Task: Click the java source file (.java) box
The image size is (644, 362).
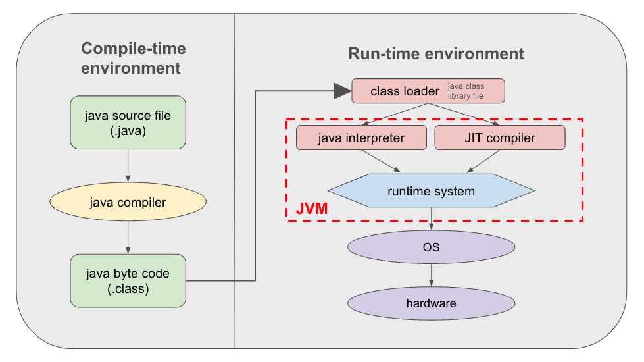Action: [x=128, y=122]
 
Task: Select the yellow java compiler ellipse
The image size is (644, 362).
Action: [x=128, y=202]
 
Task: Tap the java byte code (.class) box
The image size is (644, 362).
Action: [x=128, y=280]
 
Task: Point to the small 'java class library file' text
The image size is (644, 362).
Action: [x=466, y=91]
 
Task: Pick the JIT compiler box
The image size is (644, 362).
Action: [x=500, y=138]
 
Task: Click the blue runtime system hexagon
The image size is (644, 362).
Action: [x=431, y=192]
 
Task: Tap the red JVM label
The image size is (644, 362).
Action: [x=312, y=209]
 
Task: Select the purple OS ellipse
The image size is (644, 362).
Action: [x=431, y=248]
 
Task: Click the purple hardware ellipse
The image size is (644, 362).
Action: [x=431, y=303]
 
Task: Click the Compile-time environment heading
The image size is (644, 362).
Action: [x=133, y=58]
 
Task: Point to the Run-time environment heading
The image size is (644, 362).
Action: [x=436, y=53]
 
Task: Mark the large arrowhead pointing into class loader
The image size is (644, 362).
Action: [x=342, y=91]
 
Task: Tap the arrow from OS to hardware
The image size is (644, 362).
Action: [x=431, y=275]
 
